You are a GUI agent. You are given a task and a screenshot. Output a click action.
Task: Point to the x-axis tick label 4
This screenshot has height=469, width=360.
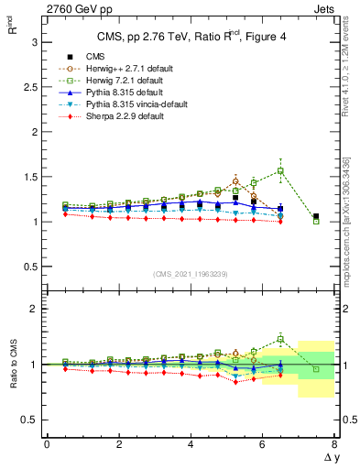click(x=191, y=443)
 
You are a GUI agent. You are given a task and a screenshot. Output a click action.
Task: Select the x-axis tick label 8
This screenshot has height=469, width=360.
click(x=333, y=443)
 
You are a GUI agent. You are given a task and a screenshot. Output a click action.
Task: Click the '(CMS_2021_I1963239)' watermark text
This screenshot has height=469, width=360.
click(x=190, y=274)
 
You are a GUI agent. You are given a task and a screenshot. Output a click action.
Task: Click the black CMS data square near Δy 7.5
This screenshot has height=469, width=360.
click(x=316, y=217)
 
